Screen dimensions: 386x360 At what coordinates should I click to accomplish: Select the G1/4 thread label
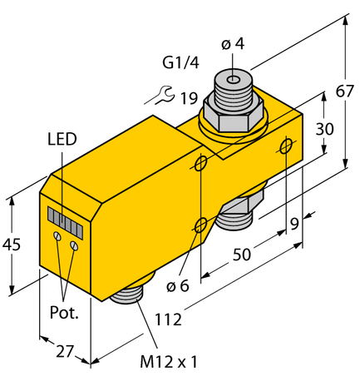click(x=180, y=62)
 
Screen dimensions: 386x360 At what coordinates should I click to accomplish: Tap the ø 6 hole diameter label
click(x=178, y=287)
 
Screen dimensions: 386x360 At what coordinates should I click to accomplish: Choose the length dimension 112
click(x=171, y=318)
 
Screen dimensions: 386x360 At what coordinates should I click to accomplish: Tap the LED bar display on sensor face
click(x=64, y=220)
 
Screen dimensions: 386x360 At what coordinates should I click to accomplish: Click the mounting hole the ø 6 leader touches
click(x=200, y=224)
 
